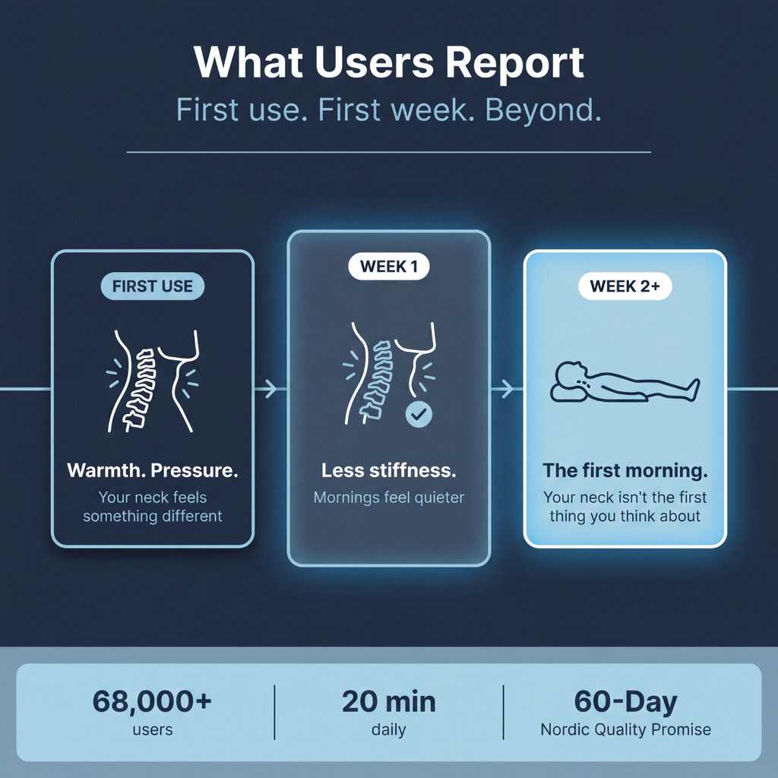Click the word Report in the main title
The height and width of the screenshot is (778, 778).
click(x=515, y=64)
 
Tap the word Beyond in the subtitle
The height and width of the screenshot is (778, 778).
click(x=542, y=109)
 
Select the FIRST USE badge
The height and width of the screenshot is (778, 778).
click(x=152, y=286)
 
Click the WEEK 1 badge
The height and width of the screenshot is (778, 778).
click(x=389, y=267)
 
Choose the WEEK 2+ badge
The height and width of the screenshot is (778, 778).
click(x=625, y=286)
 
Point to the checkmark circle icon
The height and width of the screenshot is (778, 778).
click(x=419, y=414)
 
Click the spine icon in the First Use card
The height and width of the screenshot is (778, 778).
click(x=153, y=381)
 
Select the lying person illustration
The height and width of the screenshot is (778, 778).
click(x=625, y=382)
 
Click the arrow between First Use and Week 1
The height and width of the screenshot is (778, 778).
click(x=270, y=389)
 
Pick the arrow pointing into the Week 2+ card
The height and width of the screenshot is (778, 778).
click(x=507, y=389)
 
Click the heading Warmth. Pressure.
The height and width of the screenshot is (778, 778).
click(x=152, y=470)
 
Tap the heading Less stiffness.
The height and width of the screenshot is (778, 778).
click(x=389, y=470)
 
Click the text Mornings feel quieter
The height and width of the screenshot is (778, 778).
click(x=389, y=497)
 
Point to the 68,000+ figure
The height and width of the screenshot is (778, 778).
click(x=152, y=701)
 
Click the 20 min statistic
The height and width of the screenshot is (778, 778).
click(x=389, y=702)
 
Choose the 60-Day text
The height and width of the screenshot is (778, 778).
click(x=626, y=702)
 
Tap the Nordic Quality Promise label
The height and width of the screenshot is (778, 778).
click(x=626, y=729)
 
